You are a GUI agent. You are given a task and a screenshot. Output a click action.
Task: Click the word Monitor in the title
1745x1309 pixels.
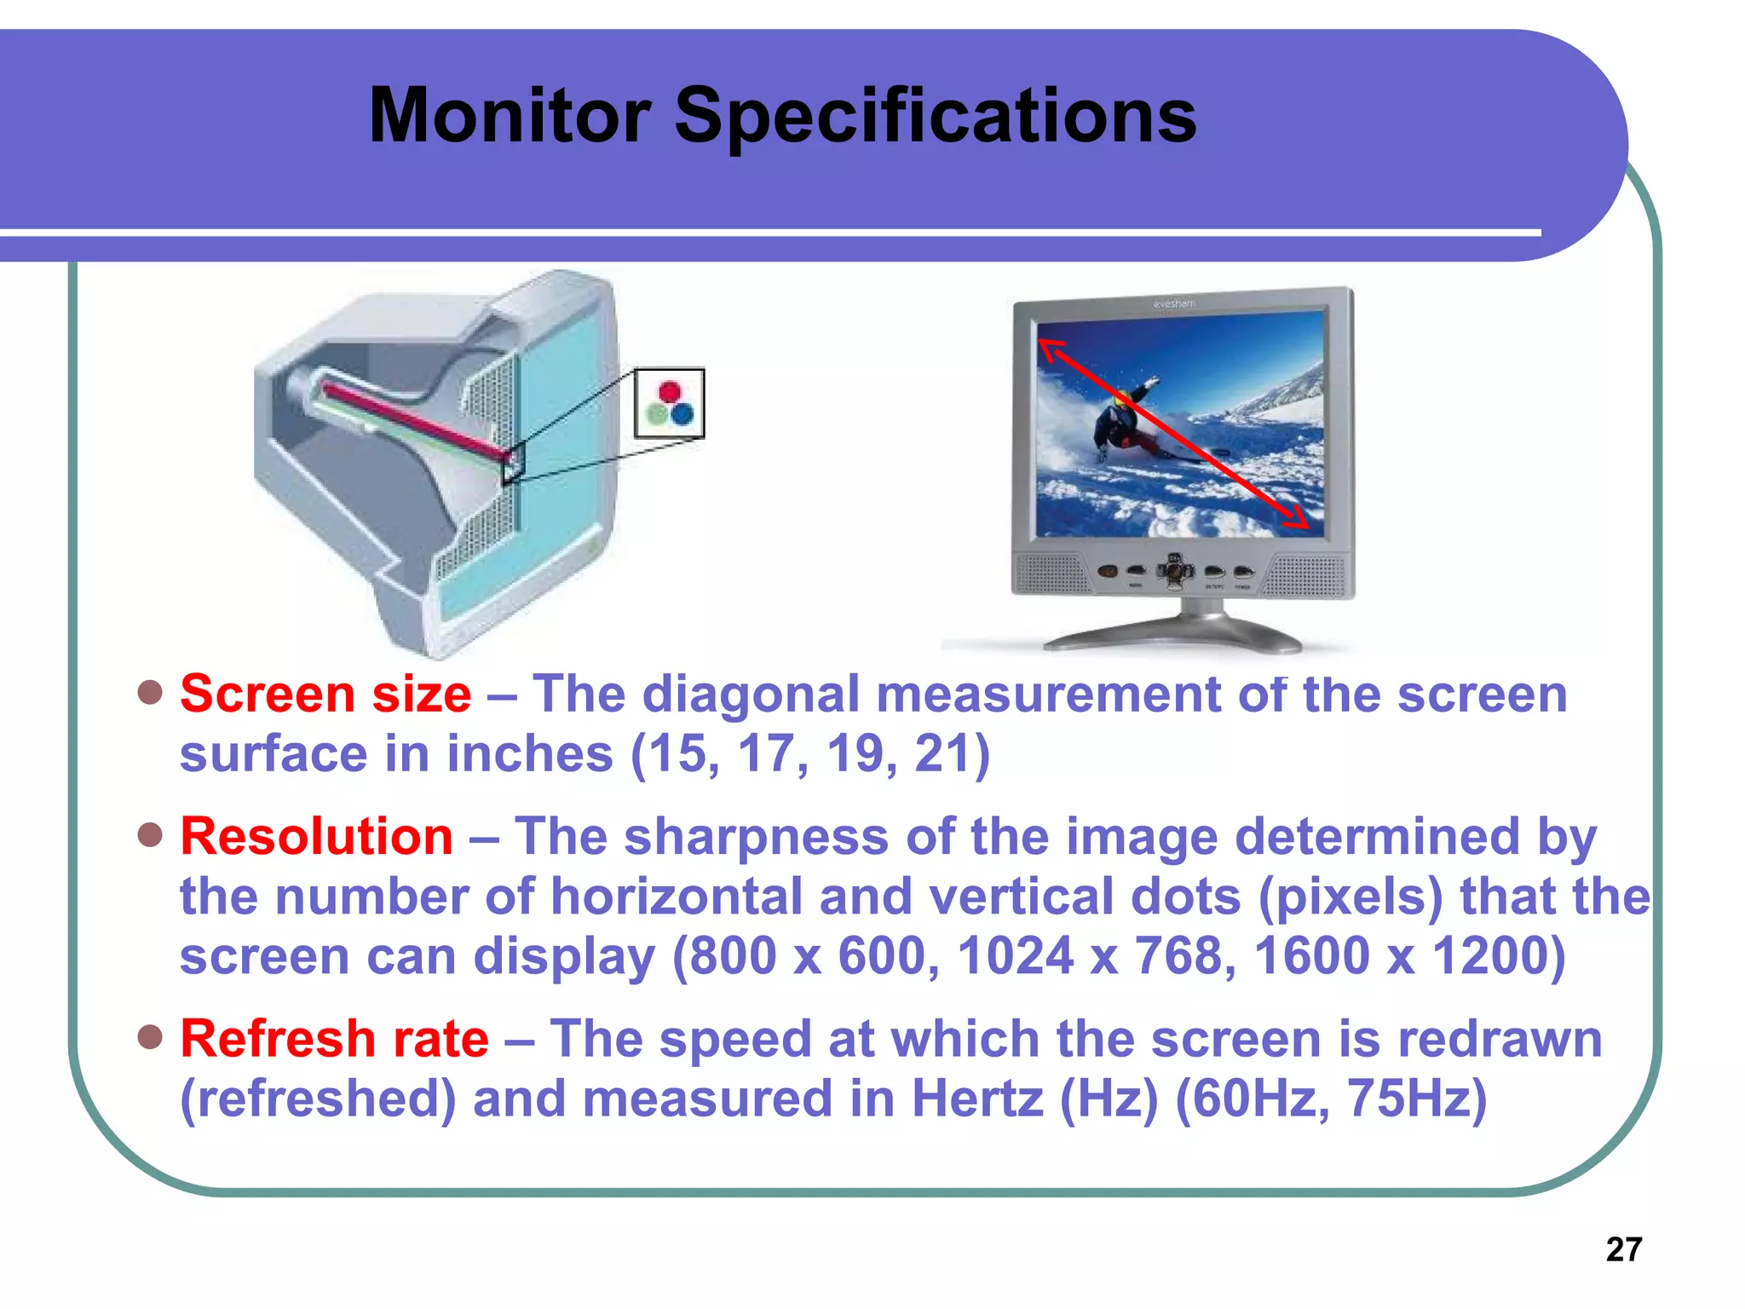509,116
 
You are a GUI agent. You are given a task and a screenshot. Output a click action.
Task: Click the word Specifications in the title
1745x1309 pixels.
935,116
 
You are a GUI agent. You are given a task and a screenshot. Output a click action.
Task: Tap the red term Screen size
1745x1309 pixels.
325,694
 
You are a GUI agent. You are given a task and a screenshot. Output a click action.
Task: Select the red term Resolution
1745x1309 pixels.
316,836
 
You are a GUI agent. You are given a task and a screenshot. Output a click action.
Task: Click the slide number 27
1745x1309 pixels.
1623,1249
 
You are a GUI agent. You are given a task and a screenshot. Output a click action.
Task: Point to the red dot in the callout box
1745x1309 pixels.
671,391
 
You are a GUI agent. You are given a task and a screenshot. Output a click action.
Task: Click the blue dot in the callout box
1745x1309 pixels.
682,415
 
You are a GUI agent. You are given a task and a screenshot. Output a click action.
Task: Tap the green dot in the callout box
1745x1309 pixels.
657,415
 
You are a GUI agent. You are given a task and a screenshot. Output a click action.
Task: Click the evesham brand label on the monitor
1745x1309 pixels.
1174,303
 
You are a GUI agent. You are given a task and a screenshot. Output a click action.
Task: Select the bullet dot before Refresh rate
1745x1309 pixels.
150,1037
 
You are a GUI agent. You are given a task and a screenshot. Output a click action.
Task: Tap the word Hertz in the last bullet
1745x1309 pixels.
977,1099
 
